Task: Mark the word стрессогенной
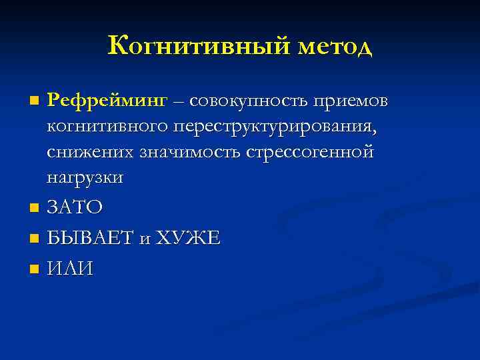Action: pyautogui.click(x=311, y=151)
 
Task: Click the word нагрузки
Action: pyautogui.click(x=85, y=177)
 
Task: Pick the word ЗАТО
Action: pyautogui.click(x=75, y=208)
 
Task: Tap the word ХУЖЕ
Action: pyautogui.click(x=187, y=238)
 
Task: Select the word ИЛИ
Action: pyautogui.click(x=71, y=269)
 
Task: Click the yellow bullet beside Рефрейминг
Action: pyautogui.click(x=35, y=101)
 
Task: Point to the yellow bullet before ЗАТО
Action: pyautogui.click(x=35, y=209)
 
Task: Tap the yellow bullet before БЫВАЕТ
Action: pyautogui.click(x=35, y=239)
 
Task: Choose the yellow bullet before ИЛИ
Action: pyautogui.click(x=35, y=269)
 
